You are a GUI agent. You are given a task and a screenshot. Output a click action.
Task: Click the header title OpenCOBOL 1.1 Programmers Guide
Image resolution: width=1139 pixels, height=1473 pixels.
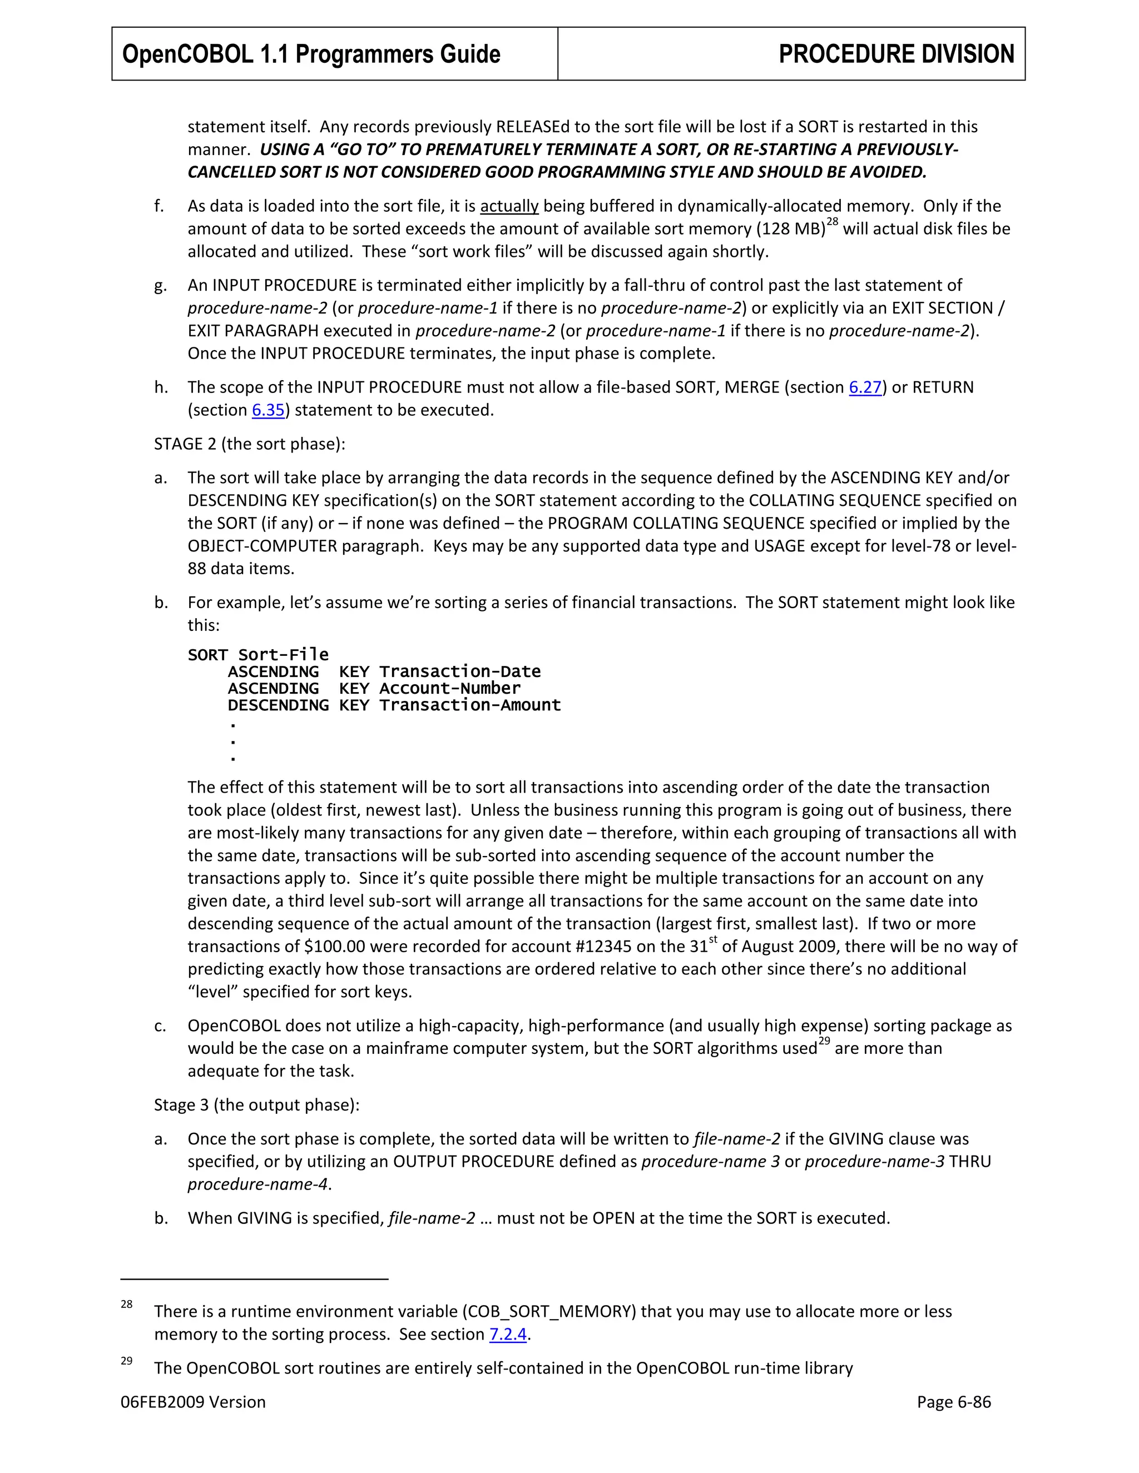pyautogui.click(x=311, y=54)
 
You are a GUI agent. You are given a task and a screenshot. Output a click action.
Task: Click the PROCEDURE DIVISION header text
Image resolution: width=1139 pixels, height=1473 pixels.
pyautogui.click(x=895, y=54)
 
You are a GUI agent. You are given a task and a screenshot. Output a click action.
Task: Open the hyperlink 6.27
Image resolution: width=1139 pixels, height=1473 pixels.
pyautogui.click(x=865, y=387)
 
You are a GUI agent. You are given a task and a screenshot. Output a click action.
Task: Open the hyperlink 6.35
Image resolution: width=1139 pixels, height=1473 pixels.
pyautogui.click(x=268, y=410)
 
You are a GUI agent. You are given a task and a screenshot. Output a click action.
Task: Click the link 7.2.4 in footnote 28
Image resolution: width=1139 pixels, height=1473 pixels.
pyautogui.click(x=507, y=1334)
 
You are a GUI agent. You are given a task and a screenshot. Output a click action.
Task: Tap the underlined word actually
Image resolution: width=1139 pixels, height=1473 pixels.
pyautogui.click(x=509, y=206)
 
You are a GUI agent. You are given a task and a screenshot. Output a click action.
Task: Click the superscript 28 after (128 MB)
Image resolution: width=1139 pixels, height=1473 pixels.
pyautogui.click(x=832, y=222)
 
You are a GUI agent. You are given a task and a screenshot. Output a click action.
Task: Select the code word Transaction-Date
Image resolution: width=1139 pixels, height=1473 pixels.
pyautogui.click(x=459, y=672)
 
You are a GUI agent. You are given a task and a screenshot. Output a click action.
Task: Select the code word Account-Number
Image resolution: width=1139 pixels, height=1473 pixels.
pyautogui.click(x=449, y=689)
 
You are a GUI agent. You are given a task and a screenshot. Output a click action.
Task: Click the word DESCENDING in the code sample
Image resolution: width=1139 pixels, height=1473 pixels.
pyautogui.click(x=278, y=705)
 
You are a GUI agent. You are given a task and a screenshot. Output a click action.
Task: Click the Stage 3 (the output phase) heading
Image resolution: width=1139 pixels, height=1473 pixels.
pyautogui.click(x=256, y=1105)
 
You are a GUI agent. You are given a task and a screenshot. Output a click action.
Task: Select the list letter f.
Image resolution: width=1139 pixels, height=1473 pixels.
pyautogui.click(x=159, y=206)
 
